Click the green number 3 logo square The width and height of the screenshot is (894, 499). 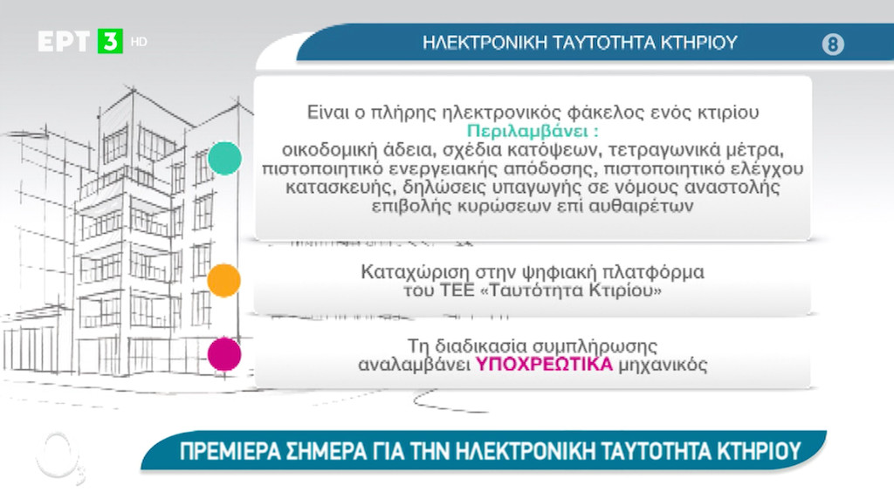tap(110, 41)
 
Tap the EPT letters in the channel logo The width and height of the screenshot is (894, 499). tap(64, 42)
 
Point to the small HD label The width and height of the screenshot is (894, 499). tap(139, 42)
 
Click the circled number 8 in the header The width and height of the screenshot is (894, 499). tap(833, 44)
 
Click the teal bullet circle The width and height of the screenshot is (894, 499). tap(224, 159)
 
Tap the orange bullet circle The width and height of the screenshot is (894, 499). tap(224, 280)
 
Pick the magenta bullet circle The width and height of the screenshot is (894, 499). tap(224, 353)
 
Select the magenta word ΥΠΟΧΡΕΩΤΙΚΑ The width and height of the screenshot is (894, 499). tap(544, 364)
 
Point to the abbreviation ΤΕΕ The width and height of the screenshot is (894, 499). tap(457, 291)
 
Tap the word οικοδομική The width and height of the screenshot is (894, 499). tap(329, 150)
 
